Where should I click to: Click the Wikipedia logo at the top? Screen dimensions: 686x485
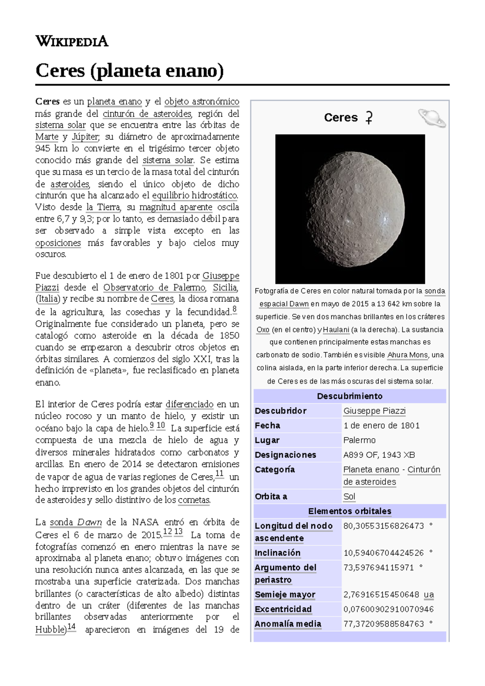click(72, 41)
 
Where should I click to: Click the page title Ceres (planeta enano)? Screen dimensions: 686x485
click(129, 71)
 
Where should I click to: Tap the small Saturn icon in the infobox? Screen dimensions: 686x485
click(432, 118)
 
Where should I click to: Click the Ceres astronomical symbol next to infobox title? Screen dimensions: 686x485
click(369, 118)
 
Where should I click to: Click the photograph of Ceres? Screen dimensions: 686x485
click(350, 209)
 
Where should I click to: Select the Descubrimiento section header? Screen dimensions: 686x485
click(350, 396)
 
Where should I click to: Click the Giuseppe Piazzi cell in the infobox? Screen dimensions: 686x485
click(374, 411)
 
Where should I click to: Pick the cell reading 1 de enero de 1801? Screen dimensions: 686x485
click(382, 425)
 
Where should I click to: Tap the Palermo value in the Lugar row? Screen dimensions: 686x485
click(359, 440)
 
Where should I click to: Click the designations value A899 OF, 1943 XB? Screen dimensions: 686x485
click(379, 455)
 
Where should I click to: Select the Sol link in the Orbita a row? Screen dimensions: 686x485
click(349, 497)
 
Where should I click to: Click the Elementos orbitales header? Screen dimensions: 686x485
click(350, 511)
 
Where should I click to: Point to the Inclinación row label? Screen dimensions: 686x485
click(278, 553)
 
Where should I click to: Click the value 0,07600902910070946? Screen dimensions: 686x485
click(388, 609)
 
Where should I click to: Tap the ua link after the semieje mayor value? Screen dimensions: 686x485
click(429, 595)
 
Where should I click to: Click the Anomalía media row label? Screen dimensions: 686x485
click(288, 624)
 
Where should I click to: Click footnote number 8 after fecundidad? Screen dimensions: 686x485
click(235, 310)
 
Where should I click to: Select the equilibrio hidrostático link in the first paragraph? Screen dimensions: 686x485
click(195, 196)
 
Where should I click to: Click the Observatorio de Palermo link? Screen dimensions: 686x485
click(154, 288)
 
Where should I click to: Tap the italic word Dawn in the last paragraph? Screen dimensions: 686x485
click(89, 522)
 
